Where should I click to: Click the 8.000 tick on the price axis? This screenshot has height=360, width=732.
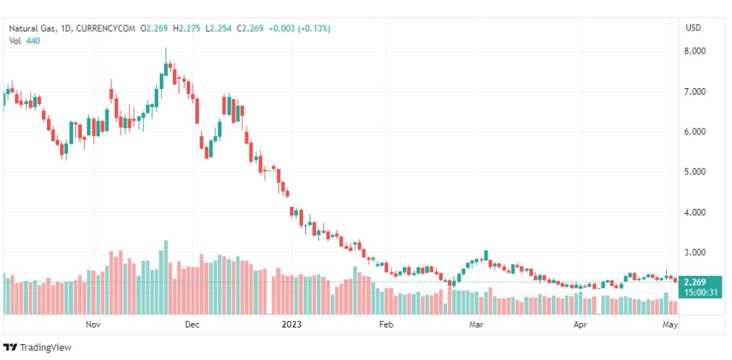coord(695,51)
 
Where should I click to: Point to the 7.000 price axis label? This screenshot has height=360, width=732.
coord(695,92)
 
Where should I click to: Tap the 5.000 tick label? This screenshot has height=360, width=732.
coord(695,172)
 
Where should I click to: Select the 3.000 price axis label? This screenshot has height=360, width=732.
coord(695,253)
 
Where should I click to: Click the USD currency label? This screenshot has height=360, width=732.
coord(693,28)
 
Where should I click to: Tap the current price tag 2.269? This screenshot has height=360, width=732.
coord(694,283)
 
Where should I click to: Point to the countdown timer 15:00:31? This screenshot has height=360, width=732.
coord(699,293)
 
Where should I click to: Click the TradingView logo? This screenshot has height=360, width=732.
coord(38,348)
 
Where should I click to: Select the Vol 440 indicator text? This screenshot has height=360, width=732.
coord(25,40)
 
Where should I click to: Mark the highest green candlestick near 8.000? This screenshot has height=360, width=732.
coord(166,69)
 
